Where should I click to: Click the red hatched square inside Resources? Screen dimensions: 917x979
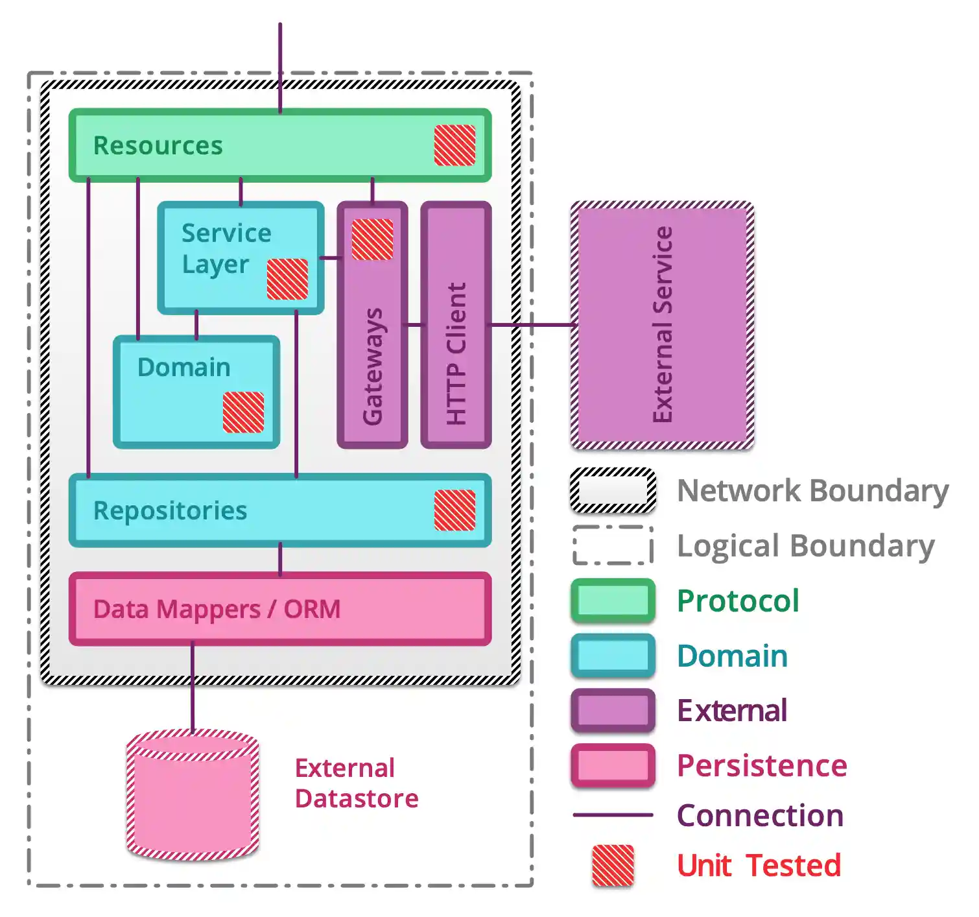coord(454,145)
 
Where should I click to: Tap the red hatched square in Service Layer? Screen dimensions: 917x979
coord(287,279)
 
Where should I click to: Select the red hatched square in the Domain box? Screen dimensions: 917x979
coord(243,412)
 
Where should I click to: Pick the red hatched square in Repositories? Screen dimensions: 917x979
coord(454,510)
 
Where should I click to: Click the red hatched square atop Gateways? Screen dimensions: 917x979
coord(372,239)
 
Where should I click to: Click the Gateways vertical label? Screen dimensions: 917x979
coord(373,366)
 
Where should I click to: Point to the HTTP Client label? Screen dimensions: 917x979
coord(456,353)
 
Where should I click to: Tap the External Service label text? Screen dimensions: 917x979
coord(663,324)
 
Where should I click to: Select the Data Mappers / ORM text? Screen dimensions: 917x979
coord(217,609)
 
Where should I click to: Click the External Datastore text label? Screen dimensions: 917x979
coord(356,783)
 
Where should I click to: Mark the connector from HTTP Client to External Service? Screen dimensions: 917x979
coord(532,324)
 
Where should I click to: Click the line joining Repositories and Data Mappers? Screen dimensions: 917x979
coord(280,560)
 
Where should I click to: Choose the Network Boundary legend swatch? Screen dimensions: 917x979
coord(613,490)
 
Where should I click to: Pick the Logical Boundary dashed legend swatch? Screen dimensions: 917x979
coord(613,545)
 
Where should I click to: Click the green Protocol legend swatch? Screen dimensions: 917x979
coord(613,601)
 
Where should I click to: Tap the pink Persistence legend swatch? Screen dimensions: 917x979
coord(613,766)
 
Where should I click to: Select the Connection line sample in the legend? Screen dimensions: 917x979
coord(613,815)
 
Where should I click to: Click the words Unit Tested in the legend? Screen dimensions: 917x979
coord(759,865)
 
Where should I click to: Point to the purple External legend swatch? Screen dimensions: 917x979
coord(613,711)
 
